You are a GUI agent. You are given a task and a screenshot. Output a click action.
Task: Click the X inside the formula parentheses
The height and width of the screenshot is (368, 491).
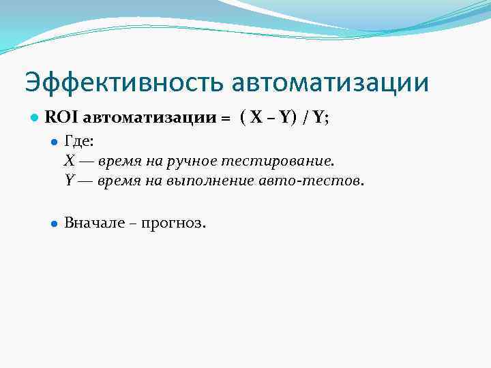[x=256, y=117]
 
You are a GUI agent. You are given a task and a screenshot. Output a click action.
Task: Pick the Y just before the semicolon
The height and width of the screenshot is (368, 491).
[x=318, y=117]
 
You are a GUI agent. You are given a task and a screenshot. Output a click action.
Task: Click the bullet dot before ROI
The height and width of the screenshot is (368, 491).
[x=33, y=118]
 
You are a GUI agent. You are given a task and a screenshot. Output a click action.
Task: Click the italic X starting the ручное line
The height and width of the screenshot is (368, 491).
[x=70, y=162]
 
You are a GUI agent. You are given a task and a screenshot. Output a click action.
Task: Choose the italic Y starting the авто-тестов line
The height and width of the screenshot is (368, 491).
[x=69, y=181]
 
